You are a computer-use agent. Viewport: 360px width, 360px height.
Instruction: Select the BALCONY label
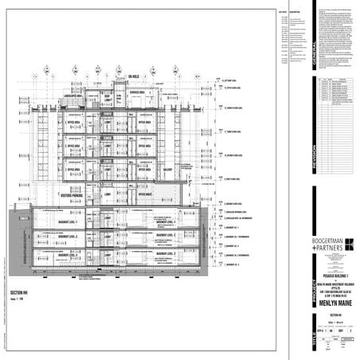coord(167,170)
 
